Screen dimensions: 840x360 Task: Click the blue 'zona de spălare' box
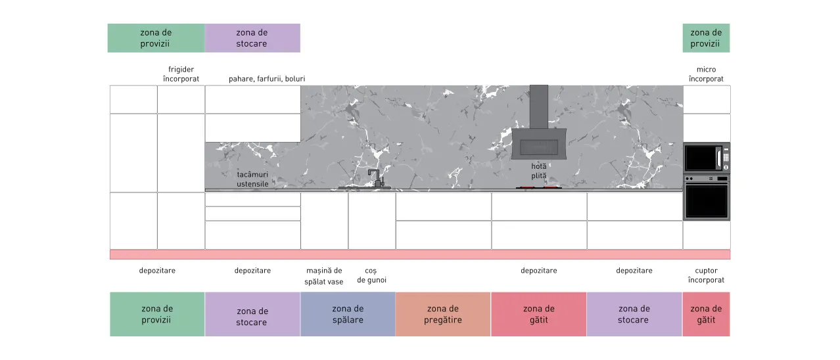click(348, 314)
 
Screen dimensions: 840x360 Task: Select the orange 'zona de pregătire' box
click(443, 314)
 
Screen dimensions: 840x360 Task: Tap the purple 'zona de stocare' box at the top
click(252, 38)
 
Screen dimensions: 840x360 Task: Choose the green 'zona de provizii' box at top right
click(706, 38)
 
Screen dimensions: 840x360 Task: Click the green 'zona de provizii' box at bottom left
click(157, 314)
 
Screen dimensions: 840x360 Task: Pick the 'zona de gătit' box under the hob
click(538, 314)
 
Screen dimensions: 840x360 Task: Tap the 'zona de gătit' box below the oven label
click(706, 314)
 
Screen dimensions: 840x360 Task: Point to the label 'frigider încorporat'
click(181, 74)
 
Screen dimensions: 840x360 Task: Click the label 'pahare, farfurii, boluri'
click(267, 79)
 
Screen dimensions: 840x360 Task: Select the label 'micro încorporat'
click(706, 74)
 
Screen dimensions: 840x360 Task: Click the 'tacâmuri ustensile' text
click(252, 179)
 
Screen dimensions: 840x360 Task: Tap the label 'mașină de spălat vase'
click(323, 276)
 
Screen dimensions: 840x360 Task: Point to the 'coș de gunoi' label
click(371, 275)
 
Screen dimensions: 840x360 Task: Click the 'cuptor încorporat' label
click(706, 275)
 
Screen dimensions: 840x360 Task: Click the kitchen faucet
click(376, 178)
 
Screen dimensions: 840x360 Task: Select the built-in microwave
click(707, 158)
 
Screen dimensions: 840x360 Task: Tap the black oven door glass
click(707, 201)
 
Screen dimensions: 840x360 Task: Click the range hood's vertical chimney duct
click(539, 107)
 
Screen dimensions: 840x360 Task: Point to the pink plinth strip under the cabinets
click(420, 254)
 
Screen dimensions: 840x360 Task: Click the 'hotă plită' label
click(539, 171)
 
